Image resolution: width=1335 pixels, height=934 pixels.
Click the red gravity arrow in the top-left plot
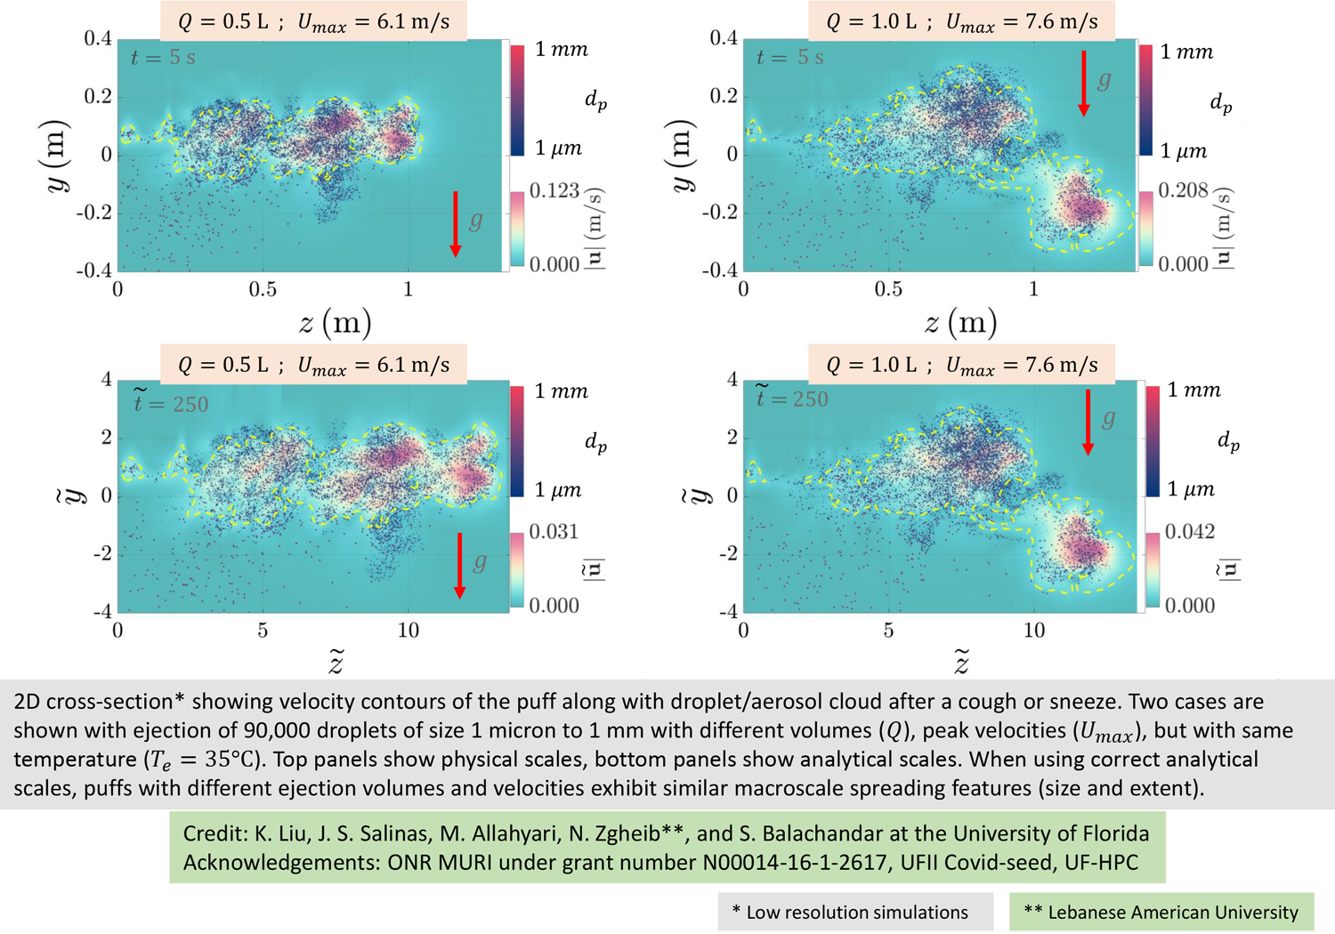456,223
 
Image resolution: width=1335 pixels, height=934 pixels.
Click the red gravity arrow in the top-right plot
1084,84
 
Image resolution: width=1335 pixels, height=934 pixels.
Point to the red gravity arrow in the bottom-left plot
459,565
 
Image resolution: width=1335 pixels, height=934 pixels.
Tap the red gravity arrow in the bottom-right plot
1088,423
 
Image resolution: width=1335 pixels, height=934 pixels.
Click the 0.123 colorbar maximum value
554,190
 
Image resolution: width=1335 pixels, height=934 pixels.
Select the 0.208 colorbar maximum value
1183,190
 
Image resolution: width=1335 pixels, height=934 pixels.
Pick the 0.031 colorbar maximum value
554,532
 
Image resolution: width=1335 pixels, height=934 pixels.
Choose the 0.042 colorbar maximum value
1189,532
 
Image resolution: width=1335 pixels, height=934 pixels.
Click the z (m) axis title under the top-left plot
335,323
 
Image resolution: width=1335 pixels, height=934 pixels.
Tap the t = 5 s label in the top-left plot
163,58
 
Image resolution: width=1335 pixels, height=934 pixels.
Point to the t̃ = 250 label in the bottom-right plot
791,398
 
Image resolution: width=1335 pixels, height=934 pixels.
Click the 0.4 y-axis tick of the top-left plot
98,38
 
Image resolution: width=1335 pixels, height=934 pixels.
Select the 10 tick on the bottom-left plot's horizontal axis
408,631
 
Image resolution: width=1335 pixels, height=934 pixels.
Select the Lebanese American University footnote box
1161,912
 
